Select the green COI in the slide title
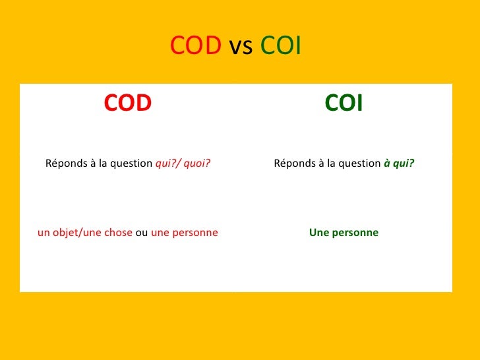click(281, 47)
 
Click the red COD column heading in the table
click(128, 103)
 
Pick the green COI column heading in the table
click(344, 103)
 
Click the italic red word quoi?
click(197, 164)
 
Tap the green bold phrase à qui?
click(399, 164)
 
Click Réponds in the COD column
click(65, 164)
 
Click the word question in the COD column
click(131, 164)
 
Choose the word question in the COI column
click(359, 164)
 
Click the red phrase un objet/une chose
click(85, 233)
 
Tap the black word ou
click(142, 233)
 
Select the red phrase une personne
click(185, 233)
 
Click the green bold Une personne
click(344, 233)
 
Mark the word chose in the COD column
click(118, 233)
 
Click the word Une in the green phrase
click(318, 233)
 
